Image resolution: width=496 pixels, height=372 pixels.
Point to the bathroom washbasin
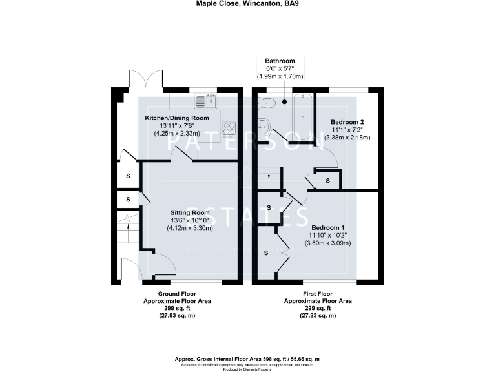point(265,125)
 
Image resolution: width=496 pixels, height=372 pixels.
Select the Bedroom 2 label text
point(347,122)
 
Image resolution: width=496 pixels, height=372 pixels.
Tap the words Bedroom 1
point(327,228)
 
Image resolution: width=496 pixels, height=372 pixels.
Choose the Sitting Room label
point(190,212)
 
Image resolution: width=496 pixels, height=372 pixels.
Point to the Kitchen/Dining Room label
point(176,118)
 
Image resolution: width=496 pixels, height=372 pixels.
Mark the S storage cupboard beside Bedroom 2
point(327,181)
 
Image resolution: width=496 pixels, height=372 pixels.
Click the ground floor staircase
point(129,229)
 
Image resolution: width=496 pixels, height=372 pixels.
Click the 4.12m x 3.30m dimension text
point(190,227)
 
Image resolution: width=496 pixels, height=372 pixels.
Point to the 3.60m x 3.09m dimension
point(327,243)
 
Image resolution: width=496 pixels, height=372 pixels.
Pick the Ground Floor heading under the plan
point(176,294)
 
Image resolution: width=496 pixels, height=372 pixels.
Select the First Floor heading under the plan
point(318,294)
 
